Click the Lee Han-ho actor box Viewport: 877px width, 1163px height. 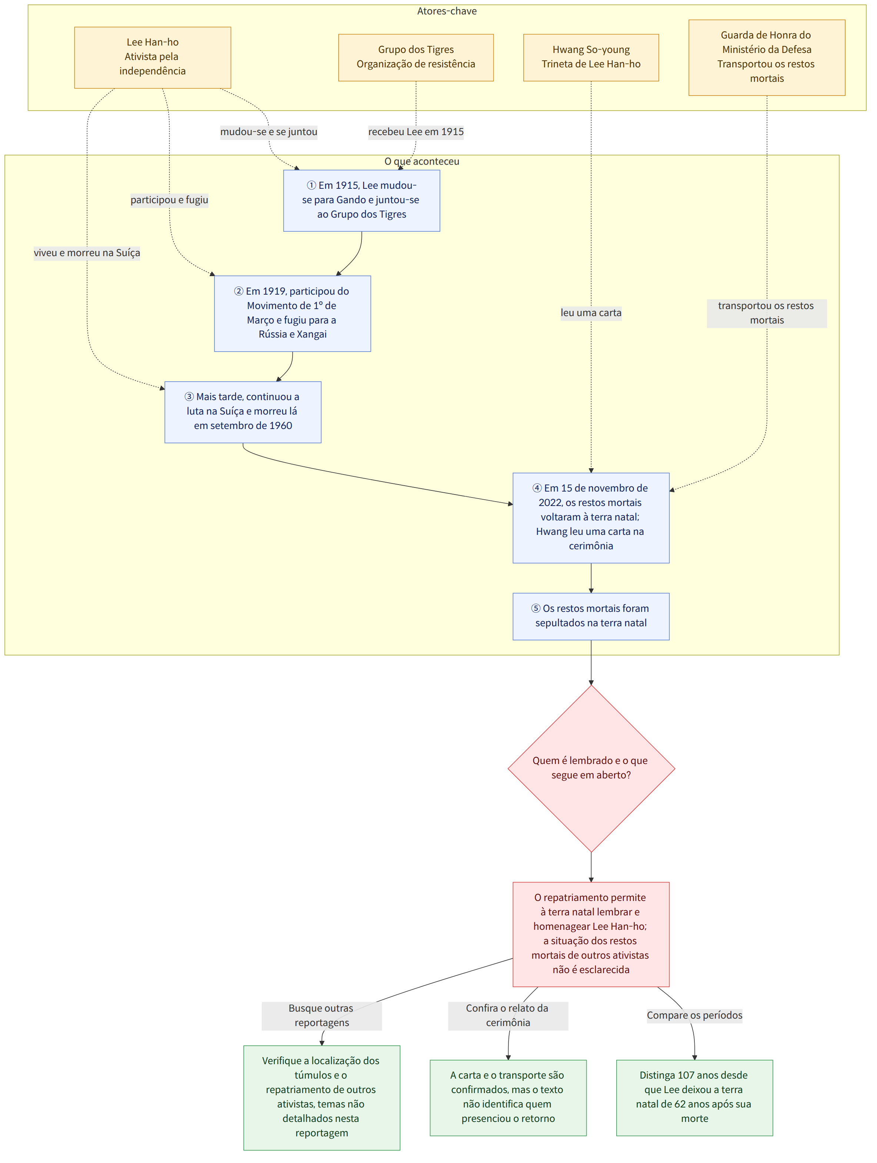(153, 57)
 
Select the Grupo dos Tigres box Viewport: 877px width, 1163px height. (416, 57)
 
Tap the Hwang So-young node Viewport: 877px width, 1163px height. (591, 57)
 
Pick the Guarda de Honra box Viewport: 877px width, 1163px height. (767, 57)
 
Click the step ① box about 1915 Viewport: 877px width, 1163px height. (361, 200)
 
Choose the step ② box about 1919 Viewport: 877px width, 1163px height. (293, 314)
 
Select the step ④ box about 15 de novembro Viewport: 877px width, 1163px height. (591, 518)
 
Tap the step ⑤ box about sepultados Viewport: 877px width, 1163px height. (591, 616)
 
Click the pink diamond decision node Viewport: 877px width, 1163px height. (591, 768)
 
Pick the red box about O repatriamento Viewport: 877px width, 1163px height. (591, 934)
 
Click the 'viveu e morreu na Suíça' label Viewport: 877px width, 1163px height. (87, 253)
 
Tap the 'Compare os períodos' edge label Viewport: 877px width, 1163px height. (694, 1015)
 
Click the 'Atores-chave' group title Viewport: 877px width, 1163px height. (447, 11)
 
